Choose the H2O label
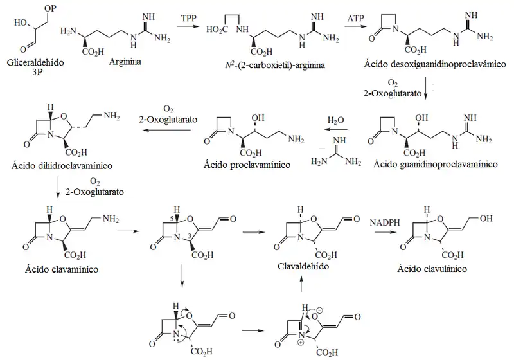(335, 120)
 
